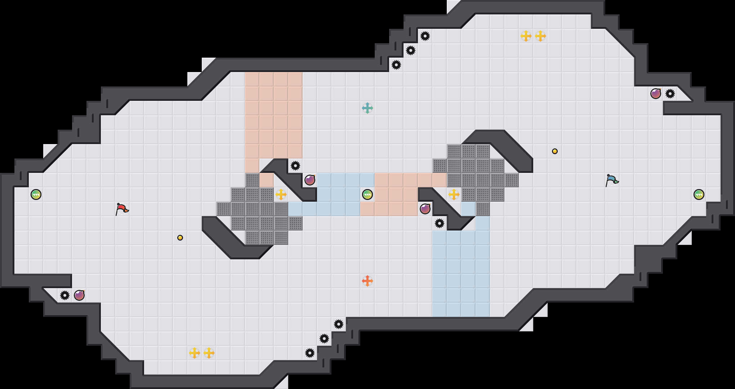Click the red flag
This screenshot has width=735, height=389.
tap(122, 209)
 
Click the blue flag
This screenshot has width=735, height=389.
tap(611, 180)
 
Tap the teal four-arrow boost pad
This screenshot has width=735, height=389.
tap(367, 108)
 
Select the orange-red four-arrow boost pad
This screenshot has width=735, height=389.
tap(367, 281)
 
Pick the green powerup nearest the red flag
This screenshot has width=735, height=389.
tap(36, 194)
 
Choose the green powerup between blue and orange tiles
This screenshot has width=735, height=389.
tap(367, 194)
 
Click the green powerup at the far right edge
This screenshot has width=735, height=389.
tap(699, 194)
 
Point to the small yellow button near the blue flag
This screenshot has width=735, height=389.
tap(555, 151)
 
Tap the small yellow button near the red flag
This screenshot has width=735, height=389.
tap(180, 238)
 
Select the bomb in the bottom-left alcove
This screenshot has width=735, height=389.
tap(79, 295)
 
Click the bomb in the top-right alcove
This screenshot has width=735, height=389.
tap(655, 94)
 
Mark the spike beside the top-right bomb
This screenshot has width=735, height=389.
tap(670, 94)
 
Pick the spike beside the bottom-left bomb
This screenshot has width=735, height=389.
tap(65, 295)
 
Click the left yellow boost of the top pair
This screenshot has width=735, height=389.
tap(526, 36)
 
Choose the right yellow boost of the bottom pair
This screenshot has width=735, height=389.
tap(209, 353)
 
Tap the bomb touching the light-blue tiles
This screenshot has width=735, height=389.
tap(310, 180)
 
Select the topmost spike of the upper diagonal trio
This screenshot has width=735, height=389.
tap(425, 36)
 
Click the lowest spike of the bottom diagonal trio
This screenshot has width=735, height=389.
tap(310, 353)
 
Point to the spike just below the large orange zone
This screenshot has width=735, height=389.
tap(295, 166)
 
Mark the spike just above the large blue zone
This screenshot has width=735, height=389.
tap(440, 223)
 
